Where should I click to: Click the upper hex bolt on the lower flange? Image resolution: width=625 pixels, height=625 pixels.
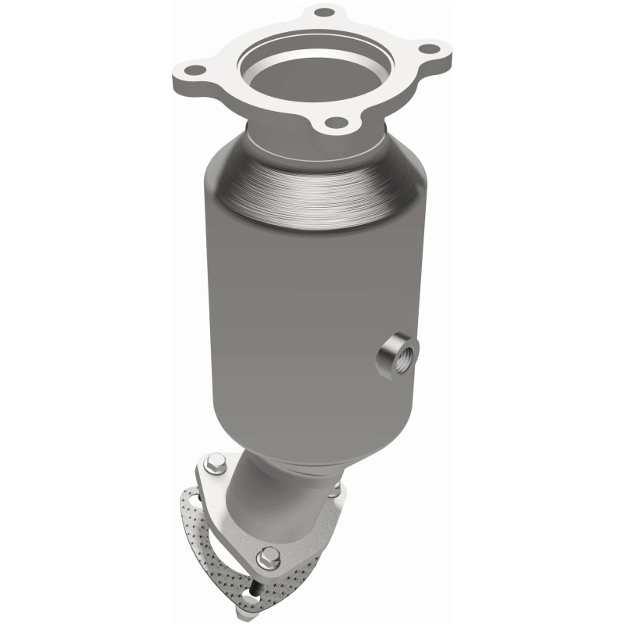pyautogui.click(x=216, y=462)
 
